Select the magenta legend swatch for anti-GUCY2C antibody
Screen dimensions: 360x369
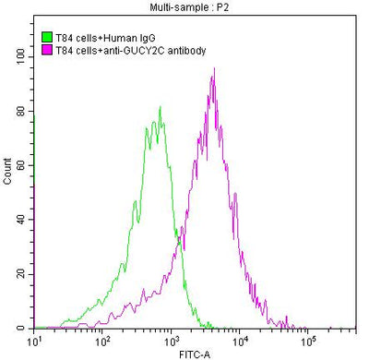48,50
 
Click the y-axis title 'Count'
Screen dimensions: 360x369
8,173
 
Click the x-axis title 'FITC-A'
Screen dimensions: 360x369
195,353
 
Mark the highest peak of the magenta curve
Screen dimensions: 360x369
214,68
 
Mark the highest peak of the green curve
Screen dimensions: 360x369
161,107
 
